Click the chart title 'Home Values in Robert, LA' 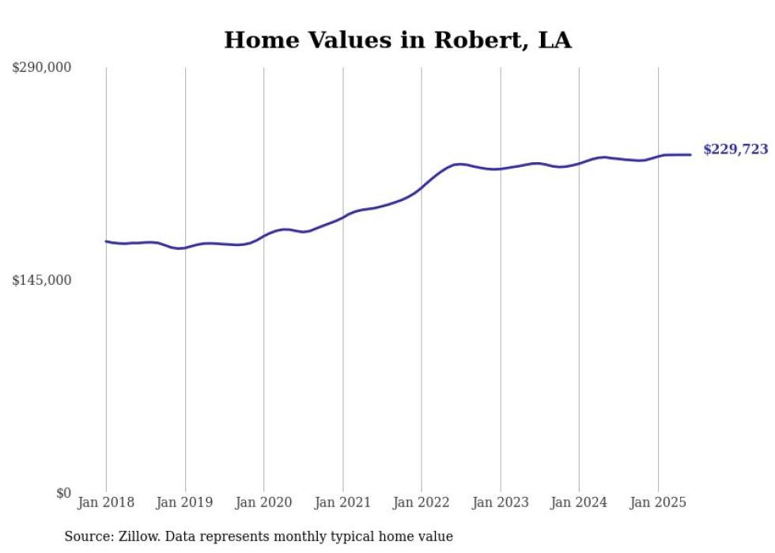click(397, 40)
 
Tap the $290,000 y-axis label click(41, 68)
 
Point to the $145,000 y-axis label click(41, 280)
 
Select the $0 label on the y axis click(63, 493)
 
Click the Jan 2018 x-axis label click(106, 502)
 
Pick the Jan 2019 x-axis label click(185, 502)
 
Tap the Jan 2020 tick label click(263, 502)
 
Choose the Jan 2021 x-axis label click(342, 502)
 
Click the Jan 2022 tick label click(422, 502)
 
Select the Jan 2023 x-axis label click(500, 502)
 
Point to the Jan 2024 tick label click(579, 502)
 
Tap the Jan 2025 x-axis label click(658, 502)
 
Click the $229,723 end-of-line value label click(735, 150)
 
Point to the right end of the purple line click(691, 154)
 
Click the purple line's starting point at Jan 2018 click(106, 241)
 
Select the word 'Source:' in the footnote click(87, 537)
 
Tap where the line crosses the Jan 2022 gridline click(422, 188)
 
